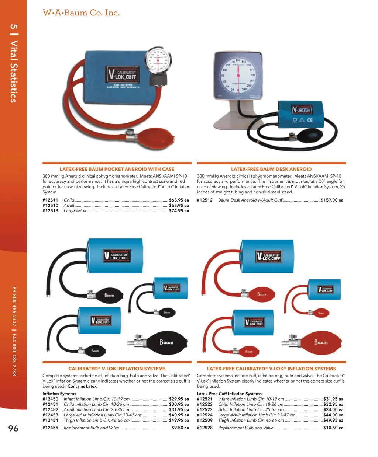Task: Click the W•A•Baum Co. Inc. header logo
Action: pos(81,13)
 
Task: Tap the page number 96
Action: pos(13,428)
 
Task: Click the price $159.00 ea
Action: pos(332,200)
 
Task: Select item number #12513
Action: pos(50,211)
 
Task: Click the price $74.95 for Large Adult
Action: pos(179,211)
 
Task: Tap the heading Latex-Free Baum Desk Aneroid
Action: pos(271,169)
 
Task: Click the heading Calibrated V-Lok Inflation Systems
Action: pos(117,369)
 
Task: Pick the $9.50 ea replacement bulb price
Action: pos(180,428)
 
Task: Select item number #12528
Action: pos(205,428)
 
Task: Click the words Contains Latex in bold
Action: pos(83,387)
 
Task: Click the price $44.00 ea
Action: pos(333,415)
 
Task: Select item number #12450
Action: pos(50,399)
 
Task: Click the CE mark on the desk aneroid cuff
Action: pos(310,120)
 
